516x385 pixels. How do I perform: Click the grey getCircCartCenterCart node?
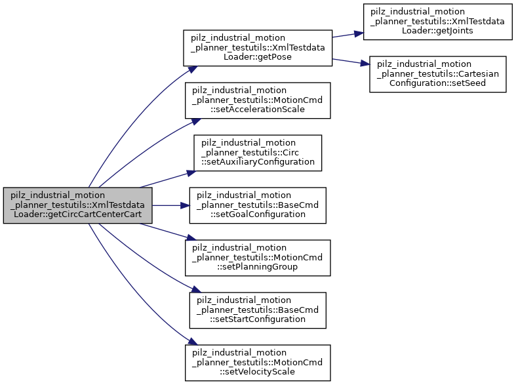78,205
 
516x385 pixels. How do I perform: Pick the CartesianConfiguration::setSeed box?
437,73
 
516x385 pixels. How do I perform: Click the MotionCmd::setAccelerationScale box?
257,100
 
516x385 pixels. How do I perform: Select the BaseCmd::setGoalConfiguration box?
257,205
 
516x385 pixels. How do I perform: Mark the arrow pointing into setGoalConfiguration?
170,205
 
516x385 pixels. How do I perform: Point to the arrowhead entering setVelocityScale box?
193,343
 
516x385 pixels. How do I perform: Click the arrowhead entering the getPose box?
193,68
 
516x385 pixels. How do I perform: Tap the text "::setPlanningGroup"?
257,267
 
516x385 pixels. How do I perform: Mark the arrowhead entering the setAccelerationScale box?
195,120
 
